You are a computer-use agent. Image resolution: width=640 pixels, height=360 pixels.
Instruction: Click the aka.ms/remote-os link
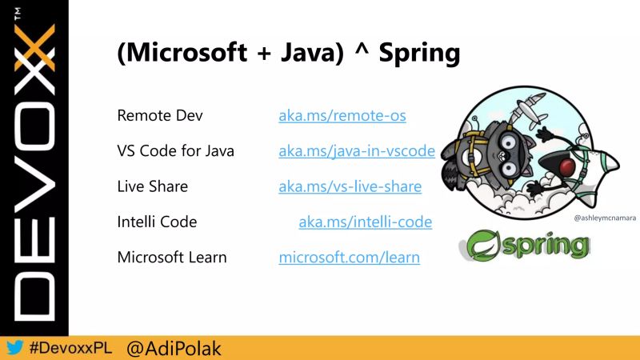pyautogui.click(x=342, y=115)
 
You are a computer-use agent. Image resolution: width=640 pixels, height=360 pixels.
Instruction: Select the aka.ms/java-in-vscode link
pyautogui.click(x=356, y=150)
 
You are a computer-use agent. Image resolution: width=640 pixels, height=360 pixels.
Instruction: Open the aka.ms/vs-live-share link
pyautogui.click(x=350, y=186)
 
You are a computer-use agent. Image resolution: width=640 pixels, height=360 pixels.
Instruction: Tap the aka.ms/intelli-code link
pyautogui.click(x=365, y=222)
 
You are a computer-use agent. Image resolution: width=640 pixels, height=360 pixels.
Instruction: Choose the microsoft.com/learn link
pyautogui.click(x=349, y=257)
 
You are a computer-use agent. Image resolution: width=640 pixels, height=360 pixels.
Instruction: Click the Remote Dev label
pyautogui.click(x=160, y=115)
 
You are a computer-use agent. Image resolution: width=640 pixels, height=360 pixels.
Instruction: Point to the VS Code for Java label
pyautogui.click(x=175, y=150)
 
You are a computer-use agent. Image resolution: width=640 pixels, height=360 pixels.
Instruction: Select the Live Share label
pyautogui.click(x=152, y=186)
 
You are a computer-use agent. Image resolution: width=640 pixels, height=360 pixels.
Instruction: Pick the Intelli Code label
pyautogui.click(x=157, y=222)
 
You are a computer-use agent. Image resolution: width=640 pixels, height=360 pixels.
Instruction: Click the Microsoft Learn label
pyautogui.click(x=171, y=257)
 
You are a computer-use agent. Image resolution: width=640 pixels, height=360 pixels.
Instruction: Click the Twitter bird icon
pyautogui.click(x=14, y=348)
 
